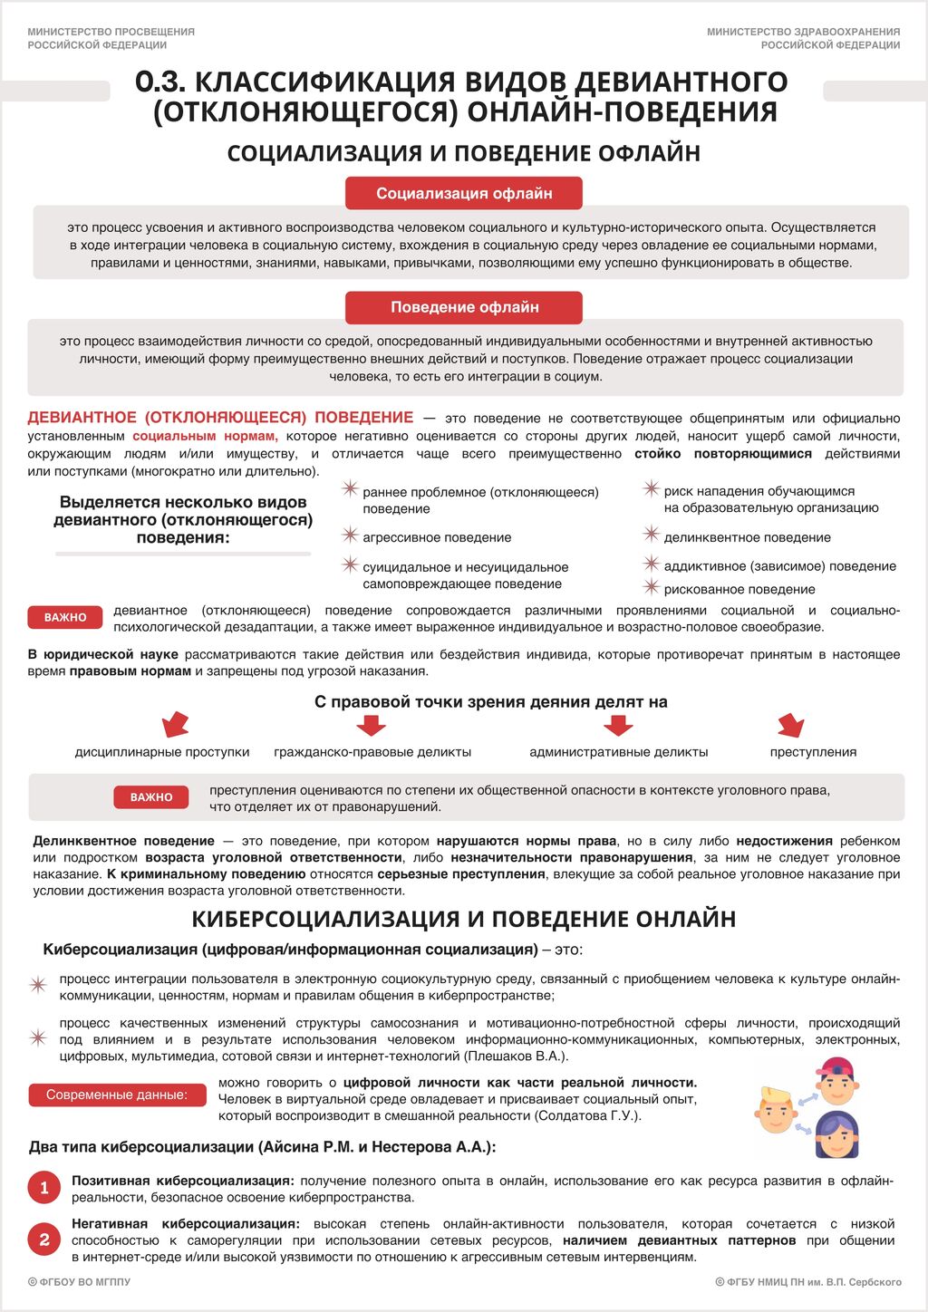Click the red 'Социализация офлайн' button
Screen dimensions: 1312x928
(464, 193)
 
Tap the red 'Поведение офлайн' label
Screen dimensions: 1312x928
(464, 307)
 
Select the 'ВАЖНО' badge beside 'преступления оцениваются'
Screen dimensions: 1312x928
(151, 797)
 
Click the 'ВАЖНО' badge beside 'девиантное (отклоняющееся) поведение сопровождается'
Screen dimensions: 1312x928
(65, 617)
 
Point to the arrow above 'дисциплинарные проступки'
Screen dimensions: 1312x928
(174, 725)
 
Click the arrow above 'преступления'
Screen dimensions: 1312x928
(791, 725)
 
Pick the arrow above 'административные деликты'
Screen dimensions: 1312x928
(618, 725)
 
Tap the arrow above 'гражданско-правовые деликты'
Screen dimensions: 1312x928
(371, 725)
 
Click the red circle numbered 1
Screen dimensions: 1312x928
(44, 1188)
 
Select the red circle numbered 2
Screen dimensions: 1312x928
(44, 1240)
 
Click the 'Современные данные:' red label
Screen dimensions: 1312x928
(117, 1095)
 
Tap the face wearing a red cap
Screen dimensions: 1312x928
(836, 1080)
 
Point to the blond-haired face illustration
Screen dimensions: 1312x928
(776, 1110)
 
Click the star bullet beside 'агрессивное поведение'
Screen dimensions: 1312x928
(350, 536)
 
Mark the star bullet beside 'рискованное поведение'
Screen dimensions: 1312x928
(651, 588)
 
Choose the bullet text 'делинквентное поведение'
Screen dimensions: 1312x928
(747, 537)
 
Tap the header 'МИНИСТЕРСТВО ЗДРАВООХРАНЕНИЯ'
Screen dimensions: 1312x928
(803, 32)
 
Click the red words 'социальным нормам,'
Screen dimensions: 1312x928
(205, 436)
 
